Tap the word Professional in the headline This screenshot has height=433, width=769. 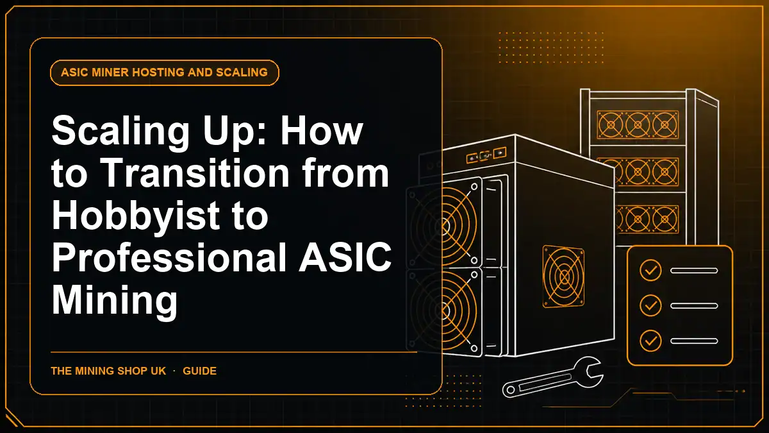coord(169,257)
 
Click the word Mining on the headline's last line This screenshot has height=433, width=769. coord(115,300)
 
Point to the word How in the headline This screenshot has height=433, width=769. coord(322,130)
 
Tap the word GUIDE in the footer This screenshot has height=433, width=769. coord(199,371)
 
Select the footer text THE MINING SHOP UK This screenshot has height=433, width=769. coord(108,371)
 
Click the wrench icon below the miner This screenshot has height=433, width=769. coord(552,377)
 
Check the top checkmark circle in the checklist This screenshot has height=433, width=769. coord(650,271)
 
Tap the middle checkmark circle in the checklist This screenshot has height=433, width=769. coord(650,305)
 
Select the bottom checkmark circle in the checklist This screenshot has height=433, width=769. coord(650,341)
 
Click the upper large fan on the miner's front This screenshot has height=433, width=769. coord(444,225)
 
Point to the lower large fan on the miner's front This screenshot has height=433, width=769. coord(444,311)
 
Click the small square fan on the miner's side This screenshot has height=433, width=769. coord(564,276)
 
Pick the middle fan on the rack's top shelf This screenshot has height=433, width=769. coord(638,124)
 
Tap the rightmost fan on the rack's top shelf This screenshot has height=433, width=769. coord(665,124)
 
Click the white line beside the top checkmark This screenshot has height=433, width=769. coord(694,271)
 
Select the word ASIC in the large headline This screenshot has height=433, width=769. coord(345,257)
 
